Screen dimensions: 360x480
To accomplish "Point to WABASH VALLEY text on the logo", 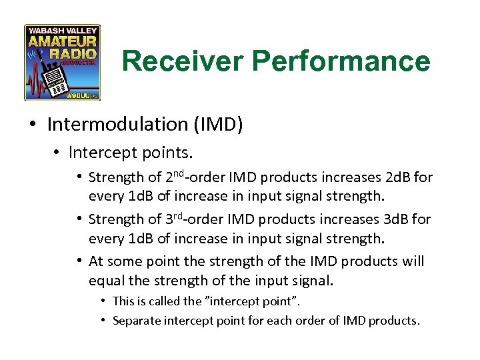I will click(x=62, y=31).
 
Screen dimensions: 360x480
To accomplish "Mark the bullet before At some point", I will click(x=79, y=261).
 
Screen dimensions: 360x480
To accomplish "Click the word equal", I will click(x=107, y=279).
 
